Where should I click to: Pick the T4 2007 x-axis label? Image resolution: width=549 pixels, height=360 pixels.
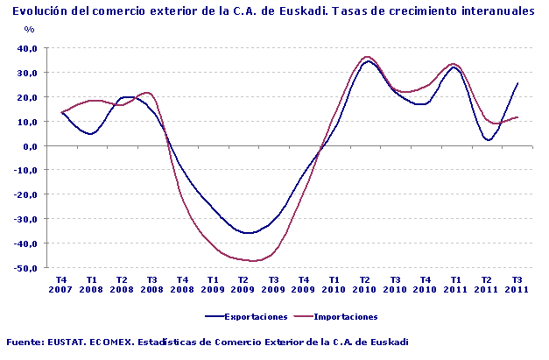[61, 285]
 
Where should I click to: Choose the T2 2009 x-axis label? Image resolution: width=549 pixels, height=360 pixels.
[243, 285]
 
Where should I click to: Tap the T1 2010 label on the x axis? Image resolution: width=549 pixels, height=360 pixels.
[334, 285]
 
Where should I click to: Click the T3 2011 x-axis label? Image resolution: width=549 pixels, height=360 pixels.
[517, 285]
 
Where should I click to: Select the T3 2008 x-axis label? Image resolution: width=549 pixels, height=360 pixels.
[151, 285]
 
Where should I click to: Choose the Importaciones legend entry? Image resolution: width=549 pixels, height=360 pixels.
[340, 316]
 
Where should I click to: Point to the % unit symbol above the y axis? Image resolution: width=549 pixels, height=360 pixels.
[29, 30]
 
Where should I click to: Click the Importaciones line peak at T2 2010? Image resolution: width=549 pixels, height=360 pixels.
[367, 57]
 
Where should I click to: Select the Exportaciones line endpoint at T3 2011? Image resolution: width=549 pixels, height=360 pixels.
[518, 83]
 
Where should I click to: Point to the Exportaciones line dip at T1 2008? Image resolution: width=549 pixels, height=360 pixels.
[91, 134]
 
